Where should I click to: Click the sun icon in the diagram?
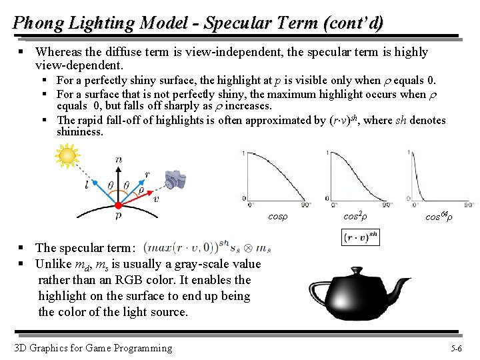pyautogui.click(x=67, y=157)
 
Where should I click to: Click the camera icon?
pyautogui.click(x=175, y=179)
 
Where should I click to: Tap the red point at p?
pyautogui.click(x=117, y=205)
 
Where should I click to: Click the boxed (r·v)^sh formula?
pyautogui.click(x=360, y=237)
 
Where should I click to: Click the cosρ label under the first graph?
pyautogui.click(x=277, y=217)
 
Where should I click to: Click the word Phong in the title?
pyautogui.click(x=36, y=23)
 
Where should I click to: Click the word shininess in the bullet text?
pyautogui.click(x=80, y=131)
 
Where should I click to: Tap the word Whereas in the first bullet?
pyautogui.click(x=58, y=51)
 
